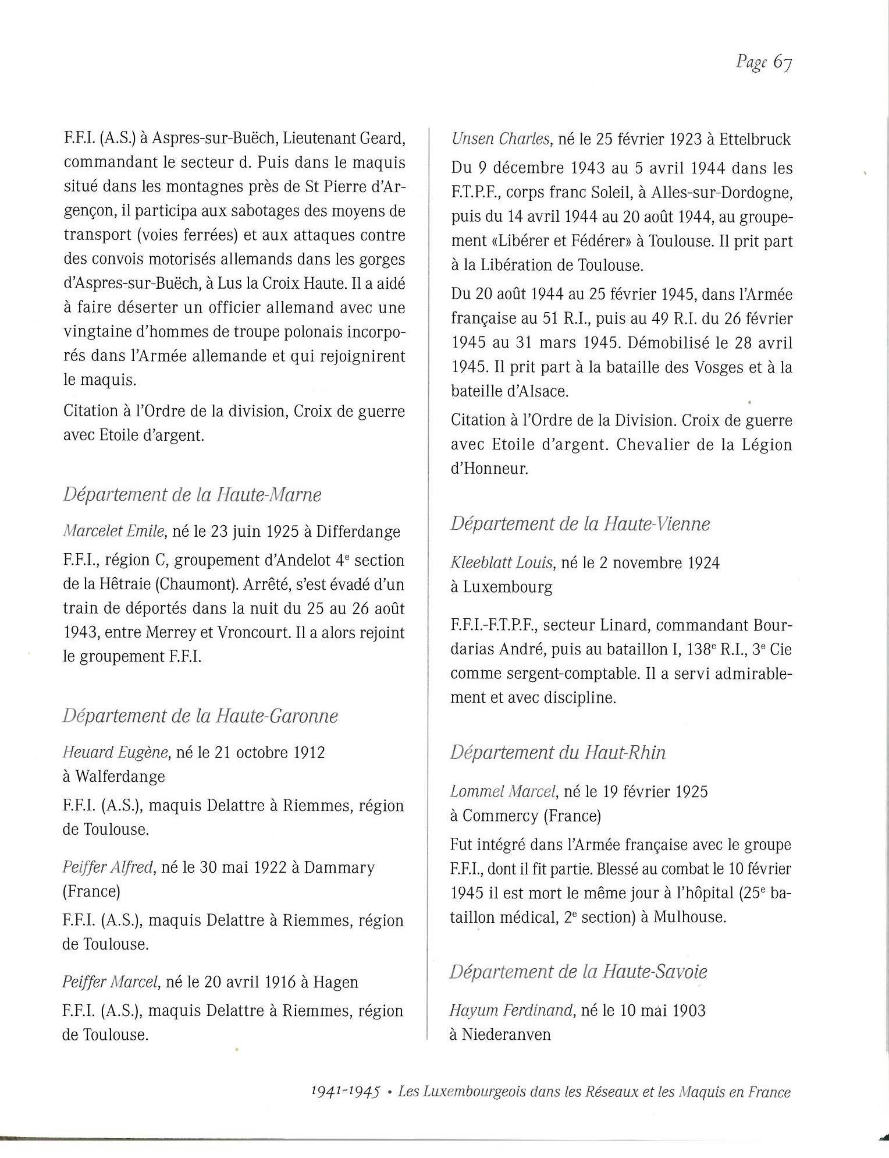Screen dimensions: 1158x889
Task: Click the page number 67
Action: coord(782,63)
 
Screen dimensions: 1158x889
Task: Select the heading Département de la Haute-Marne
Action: coord(192,495)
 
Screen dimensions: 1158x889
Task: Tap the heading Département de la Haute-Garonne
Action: coord(200,716)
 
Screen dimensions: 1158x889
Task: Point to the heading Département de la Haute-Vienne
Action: coord(580,524)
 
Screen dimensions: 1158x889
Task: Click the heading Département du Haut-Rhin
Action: coord(558,753)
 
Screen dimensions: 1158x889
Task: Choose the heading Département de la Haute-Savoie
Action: coord(578,972)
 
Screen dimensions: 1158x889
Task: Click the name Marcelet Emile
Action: coord(115,532)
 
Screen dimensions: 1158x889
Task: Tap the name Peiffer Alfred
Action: coord(108,867)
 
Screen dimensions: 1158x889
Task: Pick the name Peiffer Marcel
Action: coord(110,982)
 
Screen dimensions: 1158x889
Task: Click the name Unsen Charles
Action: coord(500,139)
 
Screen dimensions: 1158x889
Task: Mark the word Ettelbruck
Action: coord(755,139)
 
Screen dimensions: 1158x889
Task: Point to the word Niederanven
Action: coord(506,1035)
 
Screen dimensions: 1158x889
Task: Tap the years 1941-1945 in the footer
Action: coord(346,1092)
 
